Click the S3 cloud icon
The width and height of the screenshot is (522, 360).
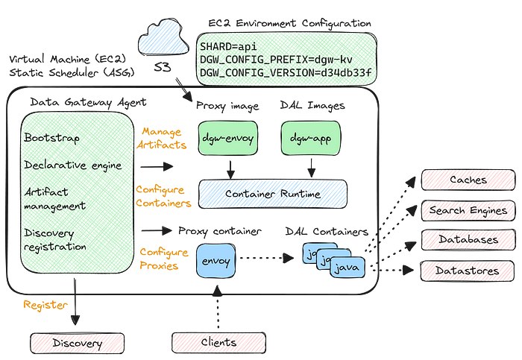(163, 37)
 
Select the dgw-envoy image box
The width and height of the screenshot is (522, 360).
(228, 138)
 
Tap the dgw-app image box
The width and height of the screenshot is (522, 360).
(311, 138)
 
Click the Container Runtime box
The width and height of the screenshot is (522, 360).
(273, 194)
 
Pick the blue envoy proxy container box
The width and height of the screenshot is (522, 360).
(216, 261)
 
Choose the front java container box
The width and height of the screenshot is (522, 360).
(348, 267)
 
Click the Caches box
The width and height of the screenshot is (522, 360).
(468, 180)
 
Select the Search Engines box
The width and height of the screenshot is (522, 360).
(468, 211)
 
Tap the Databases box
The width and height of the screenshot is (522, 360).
(468, 239)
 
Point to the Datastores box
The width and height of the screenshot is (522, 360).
(468, 271)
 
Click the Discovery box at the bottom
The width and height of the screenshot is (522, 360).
(78, 344)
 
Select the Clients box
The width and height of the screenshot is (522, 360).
(218, 342)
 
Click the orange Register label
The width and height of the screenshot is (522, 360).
(45, 305)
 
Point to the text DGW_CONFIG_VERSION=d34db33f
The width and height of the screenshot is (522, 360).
(286, 72)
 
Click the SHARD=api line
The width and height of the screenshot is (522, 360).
(228, 46)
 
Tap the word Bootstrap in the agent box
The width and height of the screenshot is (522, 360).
(52, 137)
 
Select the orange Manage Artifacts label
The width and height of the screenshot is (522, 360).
(162, 139)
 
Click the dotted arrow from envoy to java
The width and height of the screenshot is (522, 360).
(267, 258)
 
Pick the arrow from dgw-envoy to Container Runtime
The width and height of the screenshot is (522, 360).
(230, 170)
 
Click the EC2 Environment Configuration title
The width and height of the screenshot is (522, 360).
(289, 24)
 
